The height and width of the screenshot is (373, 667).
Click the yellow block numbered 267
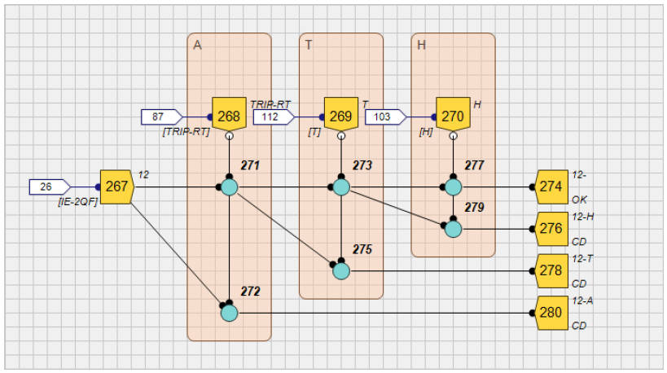[116, 186]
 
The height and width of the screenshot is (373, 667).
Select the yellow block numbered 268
[228, 116]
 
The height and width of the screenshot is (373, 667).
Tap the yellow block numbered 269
[340, 116]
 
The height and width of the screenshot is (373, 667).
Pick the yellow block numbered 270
[452, 116]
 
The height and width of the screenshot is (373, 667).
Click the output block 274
[551, 186]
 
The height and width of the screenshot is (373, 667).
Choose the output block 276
[551, 229]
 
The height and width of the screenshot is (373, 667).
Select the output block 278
[551, 270]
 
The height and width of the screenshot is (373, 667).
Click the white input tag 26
[48, 186]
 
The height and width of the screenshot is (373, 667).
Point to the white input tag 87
[160, 116]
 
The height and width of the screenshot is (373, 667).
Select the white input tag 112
[272, 116]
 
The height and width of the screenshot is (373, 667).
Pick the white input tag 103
[384, 116]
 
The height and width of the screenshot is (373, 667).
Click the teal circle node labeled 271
[229, 187]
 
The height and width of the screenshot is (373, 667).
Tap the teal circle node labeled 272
[229, 313]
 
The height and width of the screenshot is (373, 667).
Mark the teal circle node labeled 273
[341, 187]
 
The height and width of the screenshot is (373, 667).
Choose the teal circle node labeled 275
[341, 270]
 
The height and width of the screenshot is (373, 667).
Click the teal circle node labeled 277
[453, 187]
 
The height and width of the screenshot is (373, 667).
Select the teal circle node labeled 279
[453, 229]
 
